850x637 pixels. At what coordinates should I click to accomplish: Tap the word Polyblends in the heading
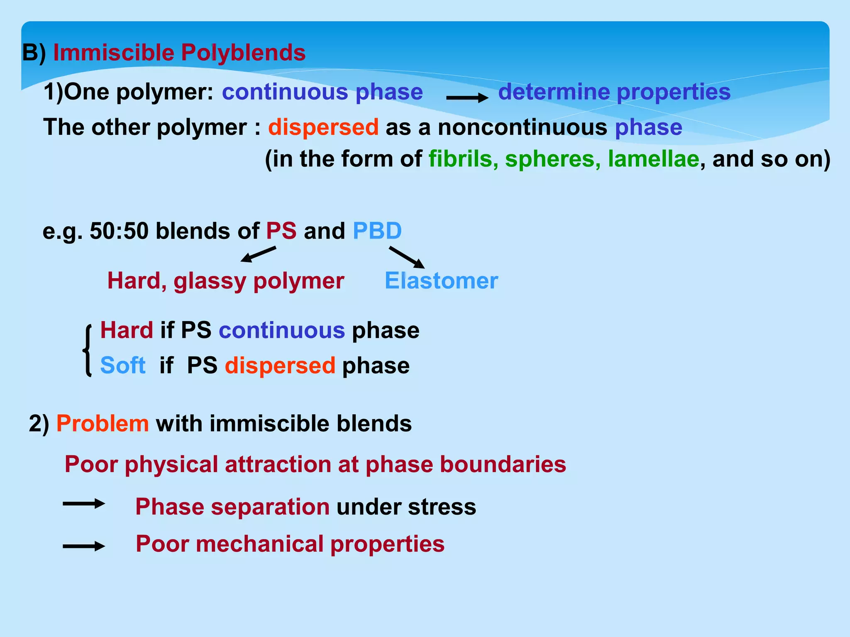(x=243, y=53)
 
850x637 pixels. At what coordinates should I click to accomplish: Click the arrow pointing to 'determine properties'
(x=467, y=98)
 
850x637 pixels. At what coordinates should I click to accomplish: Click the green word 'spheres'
(x=552, y=159)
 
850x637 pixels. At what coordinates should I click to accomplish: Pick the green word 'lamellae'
(x=653, y=159)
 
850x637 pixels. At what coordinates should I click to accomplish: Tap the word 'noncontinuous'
(x=523, y=127)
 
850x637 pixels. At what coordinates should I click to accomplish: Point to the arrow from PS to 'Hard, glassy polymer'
(x=258, y=254)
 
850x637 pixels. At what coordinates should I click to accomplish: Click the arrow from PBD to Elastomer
(x=407, y=257)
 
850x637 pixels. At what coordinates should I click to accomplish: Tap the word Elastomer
(x=441, y=281)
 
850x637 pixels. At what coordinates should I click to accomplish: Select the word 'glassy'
(x=210, y=282)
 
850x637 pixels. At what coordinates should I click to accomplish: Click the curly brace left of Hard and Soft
(x=87, y=350)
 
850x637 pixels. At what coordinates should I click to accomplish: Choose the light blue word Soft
(x=123, y=365)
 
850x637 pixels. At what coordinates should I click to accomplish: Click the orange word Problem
(x=103, y=423)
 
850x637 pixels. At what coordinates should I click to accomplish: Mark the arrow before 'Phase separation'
(x=83, y=504)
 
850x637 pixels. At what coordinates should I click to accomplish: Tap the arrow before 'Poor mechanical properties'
(x=83, y=546)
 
